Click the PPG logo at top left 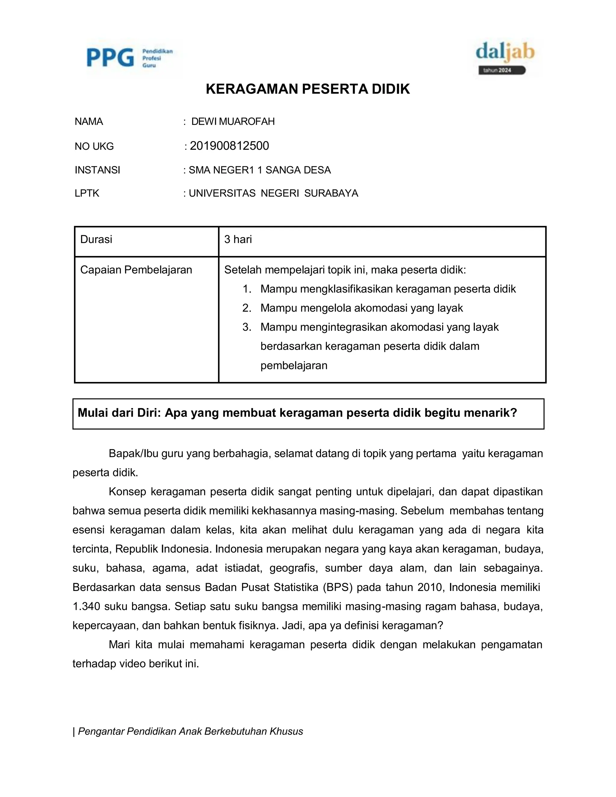click(130, 58)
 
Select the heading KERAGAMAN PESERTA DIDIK click(308, 89)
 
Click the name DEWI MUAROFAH click(233, 122)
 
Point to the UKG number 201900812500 click(229, 146)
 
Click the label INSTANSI click(97, 170)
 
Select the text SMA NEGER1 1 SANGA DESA click(260, 170)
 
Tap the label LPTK click(87, 193)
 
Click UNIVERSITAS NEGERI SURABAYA click(273, 193)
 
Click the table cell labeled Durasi click(96, 239)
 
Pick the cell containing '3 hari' click(238, 239)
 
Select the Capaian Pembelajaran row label click(136, 270)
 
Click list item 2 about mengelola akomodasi click(361, 308)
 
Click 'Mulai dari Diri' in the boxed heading click(119, 413)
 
